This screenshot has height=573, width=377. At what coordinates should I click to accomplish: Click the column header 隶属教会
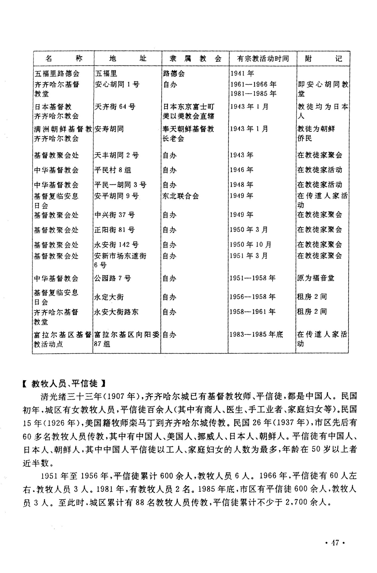click(x=195, y=59)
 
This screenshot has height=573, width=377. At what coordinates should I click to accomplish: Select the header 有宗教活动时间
click(x=263, y=59)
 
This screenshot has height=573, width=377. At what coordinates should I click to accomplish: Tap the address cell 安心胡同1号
click(x=117, y=84)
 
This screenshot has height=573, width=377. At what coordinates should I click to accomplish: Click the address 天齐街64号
click(x=115, y=107)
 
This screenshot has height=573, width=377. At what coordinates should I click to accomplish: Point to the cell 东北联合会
click(x=180, y=196)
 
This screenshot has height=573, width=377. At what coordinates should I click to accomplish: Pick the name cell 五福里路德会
click(x=57, y=73)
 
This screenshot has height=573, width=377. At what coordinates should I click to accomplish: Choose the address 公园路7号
click(x=112, y=278)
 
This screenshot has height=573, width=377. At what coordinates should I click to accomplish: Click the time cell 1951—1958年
click(x=253, y=278)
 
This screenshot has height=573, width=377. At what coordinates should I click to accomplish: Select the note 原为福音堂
click(x=316, y=278)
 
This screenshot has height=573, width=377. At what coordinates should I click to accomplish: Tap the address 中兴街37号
click(x=114, y=215)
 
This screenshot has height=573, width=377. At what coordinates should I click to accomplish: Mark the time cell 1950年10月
click(x=251, y=245)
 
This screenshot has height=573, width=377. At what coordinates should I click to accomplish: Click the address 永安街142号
click(x=116, y=245)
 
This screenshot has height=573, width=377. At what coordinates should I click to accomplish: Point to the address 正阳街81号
click(x=114, y=230)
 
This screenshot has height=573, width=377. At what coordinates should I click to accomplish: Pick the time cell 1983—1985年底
click(x=256, y=334)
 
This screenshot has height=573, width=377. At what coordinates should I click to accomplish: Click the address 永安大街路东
click(x=116, y=312)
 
